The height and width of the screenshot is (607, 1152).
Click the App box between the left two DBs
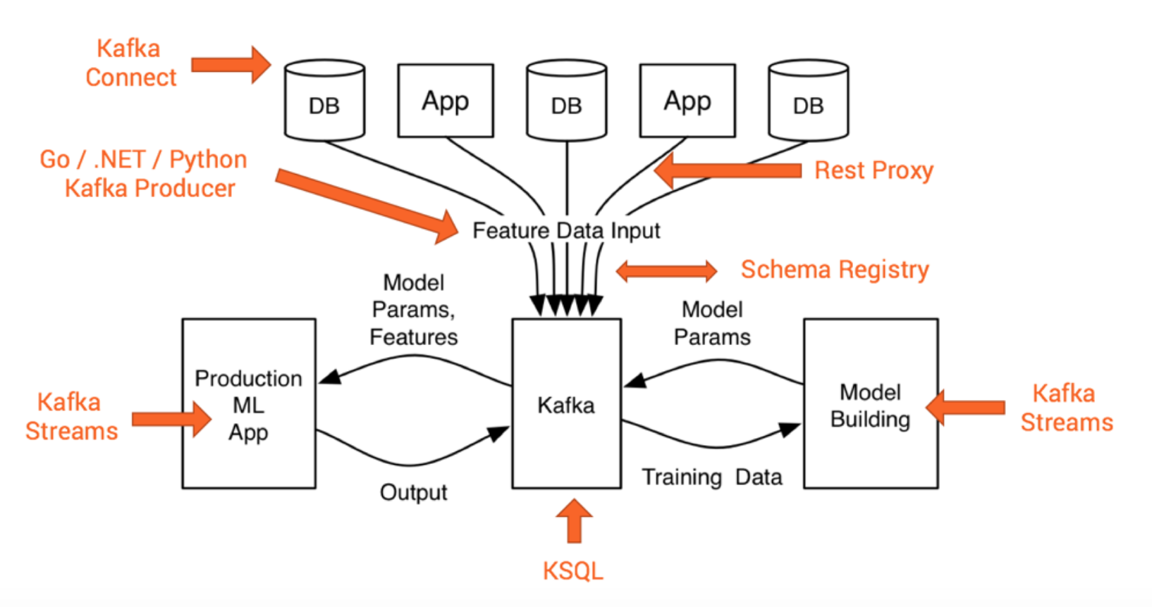point(446,101)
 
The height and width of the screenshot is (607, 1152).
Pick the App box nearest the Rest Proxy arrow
point(687,101)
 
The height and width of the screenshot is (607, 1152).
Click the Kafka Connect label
point(130,63)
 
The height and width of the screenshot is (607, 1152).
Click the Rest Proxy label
point(874,170)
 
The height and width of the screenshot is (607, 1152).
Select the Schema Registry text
point(835,270)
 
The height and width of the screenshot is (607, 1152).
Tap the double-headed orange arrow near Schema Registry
point(666,271)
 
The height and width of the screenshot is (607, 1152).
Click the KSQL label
point(573,570)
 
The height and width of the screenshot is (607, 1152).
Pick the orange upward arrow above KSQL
point(575,521)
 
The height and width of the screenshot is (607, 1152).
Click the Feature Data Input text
point(566,231)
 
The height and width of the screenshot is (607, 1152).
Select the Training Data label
point(711,477)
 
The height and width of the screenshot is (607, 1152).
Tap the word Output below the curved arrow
point(413,492)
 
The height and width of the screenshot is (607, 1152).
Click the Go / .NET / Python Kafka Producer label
point(145,174)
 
